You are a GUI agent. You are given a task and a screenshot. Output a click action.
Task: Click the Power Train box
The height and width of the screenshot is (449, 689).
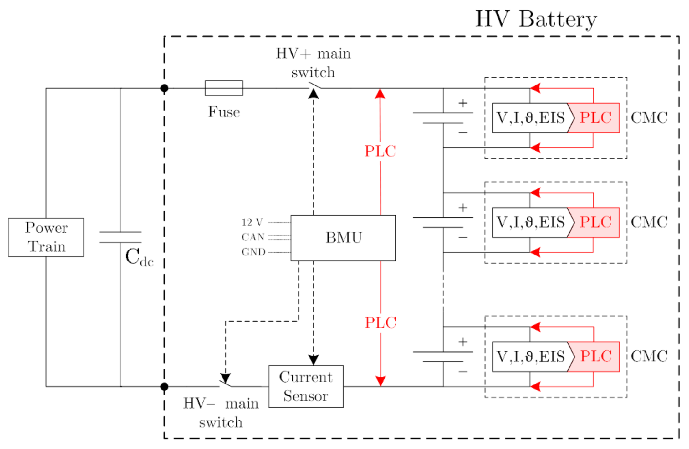click(46, 237)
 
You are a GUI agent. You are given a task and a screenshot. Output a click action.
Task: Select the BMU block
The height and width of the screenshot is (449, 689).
click(343, 238)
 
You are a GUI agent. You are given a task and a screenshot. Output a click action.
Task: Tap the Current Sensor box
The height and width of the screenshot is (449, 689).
click(306, 386)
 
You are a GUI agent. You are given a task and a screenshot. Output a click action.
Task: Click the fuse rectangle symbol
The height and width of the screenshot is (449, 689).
click(224, 88)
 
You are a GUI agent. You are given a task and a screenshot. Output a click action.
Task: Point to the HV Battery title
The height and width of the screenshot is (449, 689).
click(536, 19)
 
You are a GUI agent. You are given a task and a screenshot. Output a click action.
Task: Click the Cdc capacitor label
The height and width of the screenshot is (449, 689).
click(140, 257)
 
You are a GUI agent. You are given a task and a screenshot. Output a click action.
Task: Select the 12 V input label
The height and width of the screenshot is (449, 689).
click(252, 222)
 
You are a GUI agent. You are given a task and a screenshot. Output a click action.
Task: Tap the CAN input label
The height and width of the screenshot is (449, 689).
click(253, 237)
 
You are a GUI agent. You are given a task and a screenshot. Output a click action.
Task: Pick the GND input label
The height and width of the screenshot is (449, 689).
click(253, 252)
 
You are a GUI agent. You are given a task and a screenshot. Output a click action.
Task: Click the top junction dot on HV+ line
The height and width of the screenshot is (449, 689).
click(164, 88)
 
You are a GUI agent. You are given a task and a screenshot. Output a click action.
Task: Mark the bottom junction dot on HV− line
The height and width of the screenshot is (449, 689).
click(164, 387)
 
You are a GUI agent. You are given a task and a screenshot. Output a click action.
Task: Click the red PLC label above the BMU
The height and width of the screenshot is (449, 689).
click(380, 151)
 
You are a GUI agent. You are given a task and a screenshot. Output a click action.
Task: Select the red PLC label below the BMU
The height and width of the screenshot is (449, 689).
click(380, 323)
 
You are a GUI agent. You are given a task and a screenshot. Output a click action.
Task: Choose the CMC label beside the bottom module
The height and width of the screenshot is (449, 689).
click(649, 356)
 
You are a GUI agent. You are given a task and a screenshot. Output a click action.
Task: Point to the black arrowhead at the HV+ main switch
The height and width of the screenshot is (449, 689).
click(314, 94)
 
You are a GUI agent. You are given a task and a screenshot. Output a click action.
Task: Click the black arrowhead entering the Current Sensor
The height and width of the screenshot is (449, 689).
click(314, 360)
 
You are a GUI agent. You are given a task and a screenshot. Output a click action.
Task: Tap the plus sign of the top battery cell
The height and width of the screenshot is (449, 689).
click(463, 103)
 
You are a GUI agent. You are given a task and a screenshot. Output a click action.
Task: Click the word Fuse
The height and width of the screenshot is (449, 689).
click(224, 112)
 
